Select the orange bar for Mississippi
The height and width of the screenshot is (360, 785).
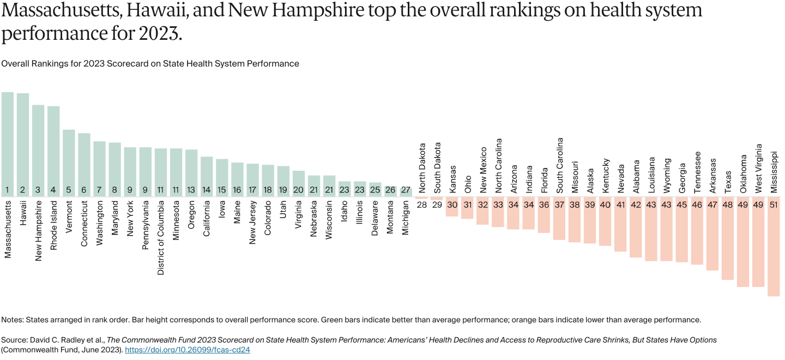(x=774, y=251)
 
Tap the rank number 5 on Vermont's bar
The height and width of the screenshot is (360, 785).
(x=69, y=190)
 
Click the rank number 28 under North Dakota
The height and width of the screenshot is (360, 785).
(x=421, y=205)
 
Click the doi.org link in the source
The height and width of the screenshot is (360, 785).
(x=187, y=350)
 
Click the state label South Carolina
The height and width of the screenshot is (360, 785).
(x=559, y=165)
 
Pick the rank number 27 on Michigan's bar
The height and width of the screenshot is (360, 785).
(x=406, y=190)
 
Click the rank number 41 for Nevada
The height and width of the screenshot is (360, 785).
(x=620, y=205)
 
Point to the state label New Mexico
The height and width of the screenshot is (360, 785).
(x=483, y=170)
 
